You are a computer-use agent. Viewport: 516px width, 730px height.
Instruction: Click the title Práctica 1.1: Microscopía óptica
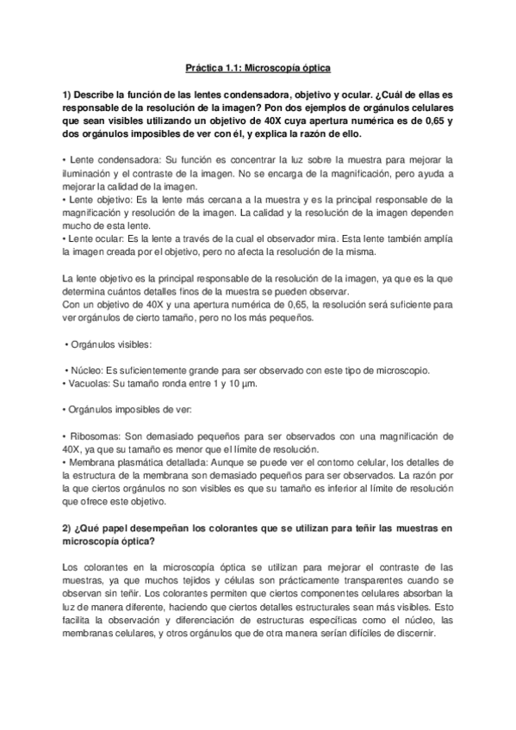[258, 65]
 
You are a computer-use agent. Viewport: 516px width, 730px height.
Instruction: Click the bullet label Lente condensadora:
[106, 161]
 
